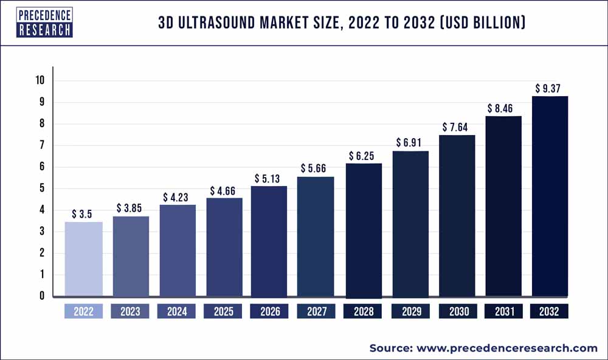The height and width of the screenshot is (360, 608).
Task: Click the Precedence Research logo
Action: (45, 23)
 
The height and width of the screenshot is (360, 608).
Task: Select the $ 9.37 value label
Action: (550, 88)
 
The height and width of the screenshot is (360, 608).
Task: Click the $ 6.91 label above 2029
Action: (410, 142)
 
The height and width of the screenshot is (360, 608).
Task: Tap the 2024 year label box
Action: (177, 312)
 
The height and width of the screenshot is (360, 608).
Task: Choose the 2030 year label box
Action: (457, 312)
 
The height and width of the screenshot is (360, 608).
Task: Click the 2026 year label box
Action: (270, 312)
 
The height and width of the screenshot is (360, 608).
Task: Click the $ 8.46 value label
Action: (503, 108)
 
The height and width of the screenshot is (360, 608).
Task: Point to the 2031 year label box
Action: (503, 312)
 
